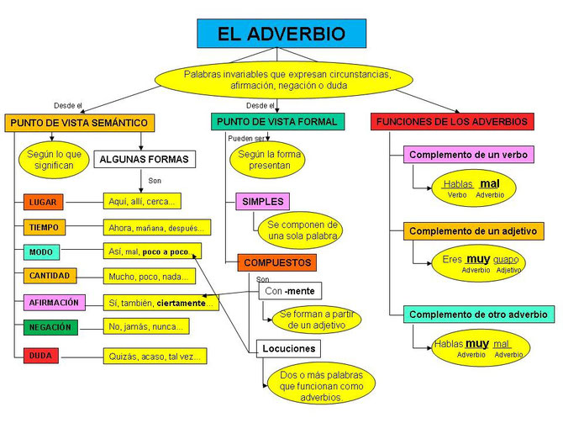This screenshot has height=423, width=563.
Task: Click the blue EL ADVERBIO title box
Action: (x=281, y=34)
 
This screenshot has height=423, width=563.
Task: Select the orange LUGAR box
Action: (x=43, y=202)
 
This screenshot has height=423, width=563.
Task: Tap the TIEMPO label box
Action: (x=45, y=227)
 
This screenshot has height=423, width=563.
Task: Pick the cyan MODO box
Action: (x=41, y=252)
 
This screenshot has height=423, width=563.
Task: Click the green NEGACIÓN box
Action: (x=50, y=327)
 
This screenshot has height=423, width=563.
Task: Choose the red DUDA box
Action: (x=41, y=356)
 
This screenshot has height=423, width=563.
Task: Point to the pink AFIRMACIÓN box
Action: (x=55, y=302)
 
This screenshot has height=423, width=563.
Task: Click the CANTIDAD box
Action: (x=50, y=276)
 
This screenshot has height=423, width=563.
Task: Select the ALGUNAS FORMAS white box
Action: (x=145, y=159)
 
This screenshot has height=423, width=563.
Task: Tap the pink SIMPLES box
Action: (x=262, y=202)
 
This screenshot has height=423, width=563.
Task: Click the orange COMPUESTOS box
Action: (x=276, y=262)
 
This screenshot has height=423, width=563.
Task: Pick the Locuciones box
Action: (x=289, y=349)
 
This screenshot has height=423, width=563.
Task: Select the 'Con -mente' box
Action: (x=290, y=291)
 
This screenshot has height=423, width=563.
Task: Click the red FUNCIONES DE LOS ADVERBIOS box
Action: (x=452, y=121)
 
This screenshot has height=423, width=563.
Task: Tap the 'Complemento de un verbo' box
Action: (x=468, y=155)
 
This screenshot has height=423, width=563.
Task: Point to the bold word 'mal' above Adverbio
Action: (x=490, y=184)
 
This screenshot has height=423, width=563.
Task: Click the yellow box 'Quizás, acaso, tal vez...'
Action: (x=155, y=356)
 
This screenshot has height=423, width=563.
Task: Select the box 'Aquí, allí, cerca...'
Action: (x=142, y=201)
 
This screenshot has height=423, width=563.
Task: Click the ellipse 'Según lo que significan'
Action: (x=54, y=160)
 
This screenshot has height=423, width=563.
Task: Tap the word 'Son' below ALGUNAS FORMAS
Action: (x=155, y=181)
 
